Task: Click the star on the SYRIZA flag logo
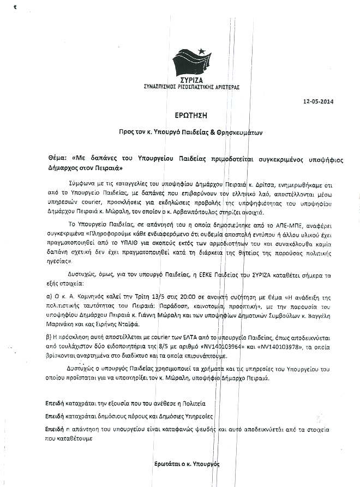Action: [x=201, y=51]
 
